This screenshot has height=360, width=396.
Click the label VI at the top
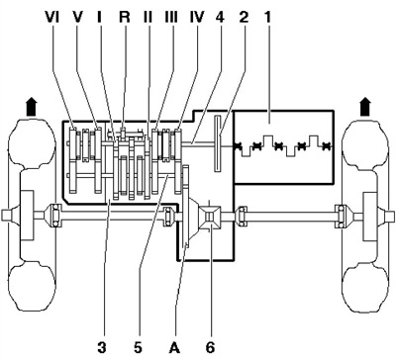point(51,17)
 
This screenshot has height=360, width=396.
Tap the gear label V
point(77,17)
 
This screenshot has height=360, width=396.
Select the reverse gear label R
point(125,17)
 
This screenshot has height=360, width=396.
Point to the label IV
point(197,17)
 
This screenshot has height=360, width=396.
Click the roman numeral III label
point(171,17)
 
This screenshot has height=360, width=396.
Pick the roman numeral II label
point(148,17)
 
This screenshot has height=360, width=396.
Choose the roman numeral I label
point(99,17)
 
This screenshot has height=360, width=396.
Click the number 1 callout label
point(267,17)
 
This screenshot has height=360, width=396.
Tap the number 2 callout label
point(244,17)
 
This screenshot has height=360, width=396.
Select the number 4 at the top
point(220,17)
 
